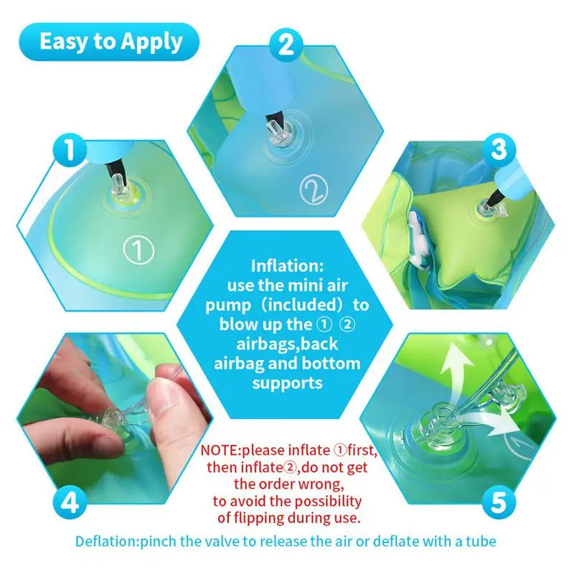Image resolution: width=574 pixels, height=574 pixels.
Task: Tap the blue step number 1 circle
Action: pyautogui.click(x=70, y=151)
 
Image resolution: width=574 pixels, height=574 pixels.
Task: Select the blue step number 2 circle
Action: pyautogui.click(x=286, y=44)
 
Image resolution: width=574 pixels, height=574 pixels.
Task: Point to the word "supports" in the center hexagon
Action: pyautogui.click(x=287, y=383)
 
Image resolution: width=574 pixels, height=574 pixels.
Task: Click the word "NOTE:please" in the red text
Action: pyautogui.click(x=242, y=451)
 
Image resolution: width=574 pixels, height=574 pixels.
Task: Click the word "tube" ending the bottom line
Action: pyautogui.click(x=479, y=541)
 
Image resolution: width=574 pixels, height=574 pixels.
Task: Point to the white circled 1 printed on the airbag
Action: pyautogui.click(x=139, y=250)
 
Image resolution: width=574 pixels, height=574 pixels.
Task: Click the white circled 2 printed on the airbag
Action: pyautogui.click(x=314, y=190)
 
